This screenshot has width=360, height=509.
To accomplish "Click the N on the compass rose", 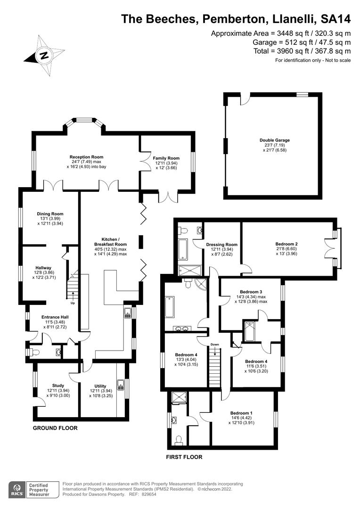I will click(x=44, y=55).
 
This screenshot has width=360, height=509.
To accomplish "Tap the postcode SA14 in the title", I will click(x=335, y=19).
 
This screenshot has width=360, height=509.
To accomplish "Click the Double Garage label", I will click(x=274, y=140).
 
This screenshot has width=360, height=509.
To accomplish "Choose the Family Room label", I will click(x=166, y=158).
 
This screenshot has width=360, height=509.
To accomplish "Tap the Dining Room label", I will click(x=50, y=214).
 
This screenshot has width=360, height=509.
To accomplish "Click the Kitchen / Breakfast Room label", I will click(x=111, y=244).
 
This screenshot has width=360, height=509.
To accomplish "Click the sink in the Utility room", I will click(x=121, y=383).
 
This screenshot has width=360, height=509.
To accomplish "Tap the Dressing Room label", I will click(x=221, y=245).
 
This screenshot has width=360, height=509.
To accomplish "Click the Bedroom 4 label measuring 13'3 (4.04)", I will click(x=186, y=354).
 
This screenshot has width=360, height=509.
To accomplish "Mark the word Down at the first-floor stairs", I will click(x=214, y=345).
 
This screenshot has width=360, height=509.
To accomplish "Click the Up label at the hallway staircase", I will click(x=73, y=303).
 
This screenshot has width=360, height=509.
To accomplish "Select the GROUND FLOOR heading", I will click(x=55, y=428).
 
